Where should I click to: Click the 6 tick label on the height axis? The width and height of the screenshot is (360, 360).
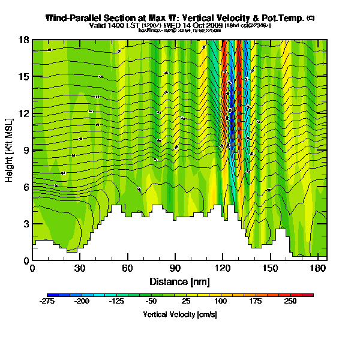(x=26, y=187)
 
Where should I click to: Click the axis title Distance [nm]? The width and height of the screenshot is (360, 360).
(x=179, y=281)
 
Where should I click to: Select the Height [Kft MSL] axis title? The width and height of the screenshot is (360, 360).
(x=10, y=150)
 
